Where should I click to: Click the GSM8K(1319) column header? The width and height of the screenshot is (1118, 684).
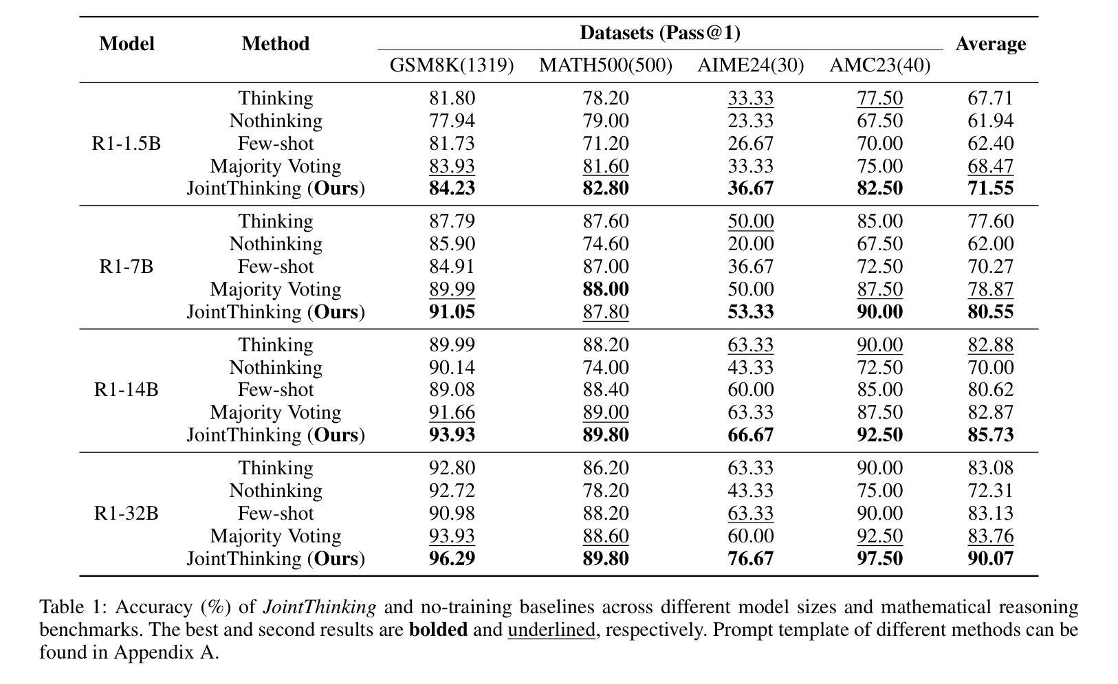pos(452,65)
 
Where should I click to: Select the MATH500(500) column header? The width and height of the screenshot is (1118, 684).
pos(606,65)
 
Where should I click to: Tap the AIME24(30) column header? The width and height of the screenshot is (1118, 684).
pos(750,65)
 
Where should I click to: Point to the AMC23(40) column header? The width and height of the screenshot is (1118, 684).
pos(880,65)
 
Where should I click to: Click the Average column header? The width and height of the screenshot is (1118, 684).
pos(991,44)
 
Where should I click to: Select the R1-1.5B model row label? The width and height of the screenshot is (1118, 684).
pos(127,143)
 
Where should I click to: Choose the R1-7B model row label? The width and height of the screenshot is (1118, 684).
pos(127,267)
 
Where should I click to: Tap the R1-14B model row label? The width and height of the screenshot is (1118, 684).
pos(127,389)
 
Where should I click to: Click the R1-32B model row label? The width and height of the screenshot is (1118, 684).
pos(127,513)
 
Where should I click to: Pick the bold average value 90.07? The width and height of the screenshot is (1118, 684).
pos(991,558)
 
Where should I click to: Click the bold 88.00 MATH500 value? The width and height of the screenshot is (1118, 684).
pos(606,289)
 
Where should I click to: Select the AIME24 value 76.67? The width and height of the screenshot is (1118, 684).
pos(751,558)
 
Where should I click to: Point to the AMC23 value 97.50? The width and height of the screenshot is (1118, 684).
pos(880,558)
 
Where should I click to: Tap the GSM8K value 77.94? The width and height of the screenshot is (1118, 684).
pos(452,121)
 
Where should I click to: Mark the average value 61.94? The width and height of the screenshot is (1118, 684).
pos(991,121)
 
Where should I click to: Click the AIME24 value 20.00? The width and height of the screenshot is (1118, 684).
pos(751,244)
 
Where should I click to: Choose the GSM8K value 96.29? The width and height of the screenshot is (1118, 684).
pos(452,558)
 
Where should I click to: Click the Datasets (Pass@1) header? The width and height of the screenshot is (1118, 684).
pos(660,33)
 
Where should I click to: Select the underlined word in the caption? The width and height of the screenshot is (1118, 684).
pos(551,630)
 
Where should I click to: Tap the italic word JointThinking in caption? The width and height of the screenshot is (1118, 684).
pos(320,607)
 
